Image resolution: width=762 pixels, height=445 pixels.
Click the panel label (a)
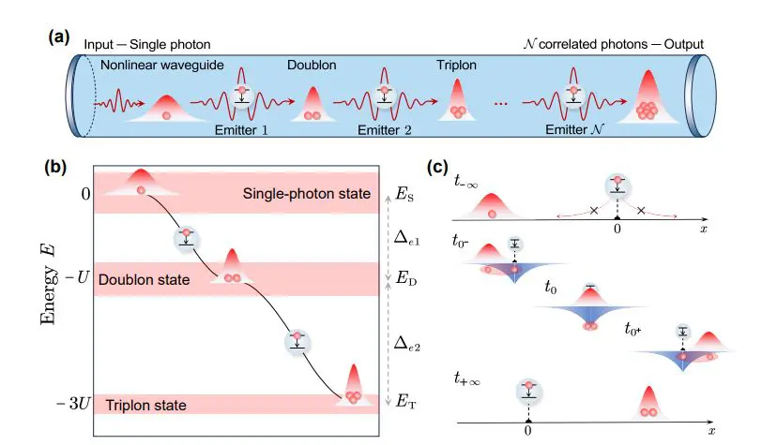pos(60,39)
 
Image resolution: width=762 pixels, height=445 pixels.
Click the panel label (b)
pos(60,170)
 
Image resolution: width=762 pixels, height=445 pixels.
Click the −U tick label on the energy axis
pos(75,280)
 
